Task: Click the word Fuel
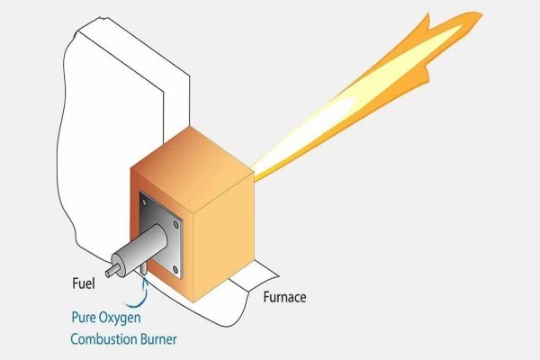pos(84,283)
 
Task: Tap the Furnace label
pos(284,297)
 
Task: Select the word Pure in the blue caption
pos(83,317)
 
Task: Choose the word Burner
pos(158,339)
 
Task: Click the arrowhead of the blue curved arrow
pos(145,282)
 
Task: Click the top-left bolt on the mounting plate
pos(144,202)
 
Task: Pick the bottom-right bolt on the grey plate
pos(175,269)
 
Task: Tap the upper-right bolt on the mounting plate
pos(176,225)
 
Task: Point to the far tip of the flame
pos(481,14)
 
